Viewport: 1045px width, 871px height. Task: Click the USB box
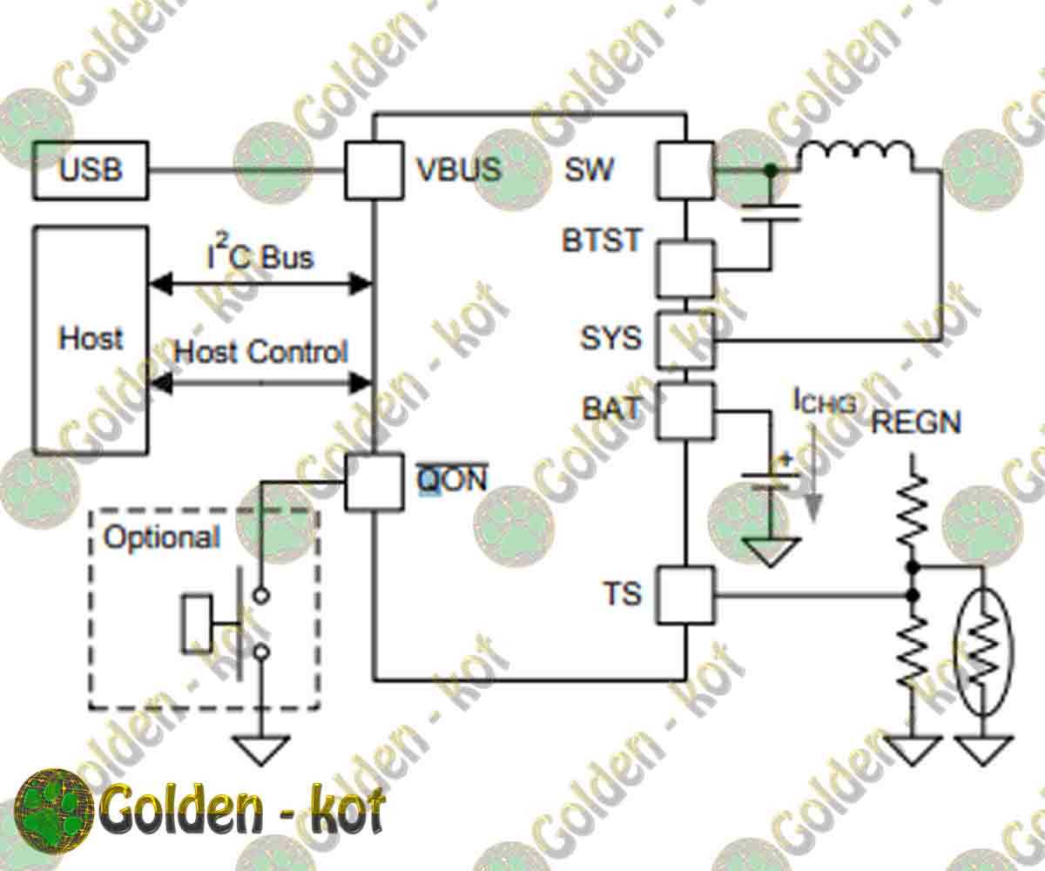coord(91,170)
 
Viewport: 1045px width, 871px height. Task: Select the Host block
coord(91,340)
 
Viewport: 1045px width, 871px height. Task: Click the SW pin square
coord(684,170)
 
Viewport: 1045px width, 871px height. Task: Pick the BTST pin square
coord(684,270)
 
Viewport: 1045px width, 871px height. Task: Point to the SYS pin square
coord(684,340)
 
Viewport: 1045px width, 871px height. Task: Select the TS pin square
coord(684,595)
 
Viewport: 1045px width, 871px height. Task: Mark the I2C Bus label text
coord(260,256)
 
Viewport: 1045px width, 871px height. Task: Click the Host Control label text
coord(260,352)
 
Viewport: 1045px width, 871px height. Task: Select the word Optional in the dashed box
coord(161,537)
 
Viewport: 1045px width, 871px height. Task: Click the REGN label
coord(915,423)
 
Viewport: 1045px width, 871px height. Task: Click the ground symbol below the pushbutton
coord(260,749)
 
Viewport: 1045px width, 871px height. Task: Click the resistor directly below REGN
coord(913,510)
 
